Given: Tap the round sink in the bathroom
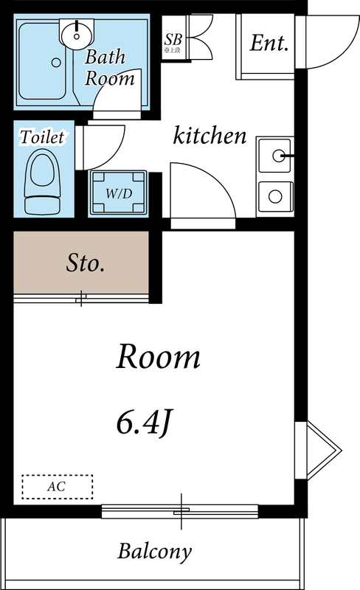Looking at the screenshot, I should pyautogui.click(x=77, y=32).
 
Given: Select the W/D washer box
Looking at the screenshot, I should pyautogui.click(x=118, y=193).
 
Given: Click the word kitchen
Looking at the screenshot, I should pyautogui.click(x=210, y=136).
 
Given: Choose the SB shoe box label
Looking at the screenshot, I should pyautogui.click(x=174, y=41).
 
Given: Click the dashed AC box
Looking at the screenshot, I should pyautogui.click(x=57, y=487).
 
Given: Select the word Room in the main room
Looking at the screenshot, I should pyautogui.click(x=159, y=358).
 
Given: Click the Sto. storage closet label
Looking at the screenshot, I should pyautogui.click(x=86, y=263).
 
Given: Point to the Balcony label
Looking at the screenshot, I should pyautogui.click(x=155, y=551).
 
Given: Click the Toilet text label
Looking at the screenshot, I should pyautogui.click(x=42, y=137).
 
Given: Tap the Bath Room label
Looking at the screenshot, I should pyautogui.click(x=109, y=66).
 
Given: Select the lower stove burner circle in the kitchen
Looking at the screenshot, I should pyautogui.click(x=275, y=197).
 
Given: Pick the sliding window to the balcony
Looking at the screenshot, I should pyautogui.click(x=180, y=511).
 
